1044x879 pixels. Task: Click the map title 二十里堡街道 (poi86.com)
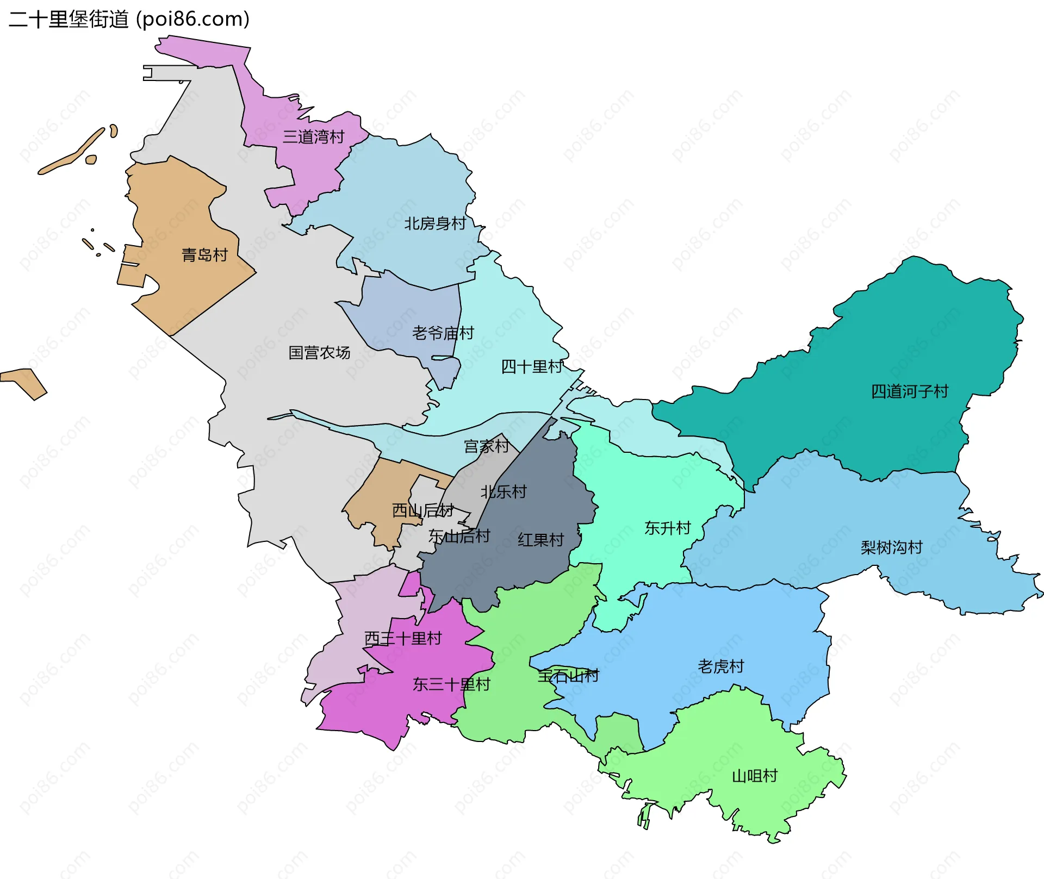click(x=129, y=19)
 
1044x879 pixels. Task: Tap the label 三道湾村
click(x=313, y=137)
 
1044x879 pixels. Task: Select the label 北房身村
click(x=435, y=223)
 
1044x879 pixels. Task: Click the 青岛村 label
click(x=204, y=255)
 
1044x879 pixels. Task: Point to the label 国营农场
click(x=319, y=353)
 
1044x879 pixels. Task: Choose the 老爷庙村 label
click(x=443, y=333)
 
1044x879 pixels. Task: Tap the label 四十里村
click(x=532, y=367)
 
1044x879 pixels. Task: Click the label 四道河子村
click(x=909, y=391)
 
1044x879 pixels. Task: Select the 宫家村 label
click(x=486, y=446)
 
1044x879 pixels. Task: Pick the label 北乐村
click(x=504, y=492)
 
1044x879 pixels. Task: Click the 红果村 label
click(x=540, y=540)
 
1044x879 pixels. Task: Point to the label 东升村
click(x=667, y=528)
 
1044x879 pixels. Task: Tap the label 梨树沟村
click(x=891, y=547)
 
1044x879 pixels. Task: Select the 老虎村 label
click(x=720, y=666)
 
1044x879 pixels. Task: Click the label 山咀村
click(x=755, y=776)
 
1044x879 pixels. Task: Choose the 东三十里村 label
click(x=451, y=684)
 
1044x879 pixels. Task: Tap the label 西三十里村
click(x=402, y=638)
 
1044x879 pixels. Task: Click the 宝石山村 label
click(x=568, y=676)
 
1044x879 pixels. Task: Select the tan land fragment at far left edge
click(x=24, y=381)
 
